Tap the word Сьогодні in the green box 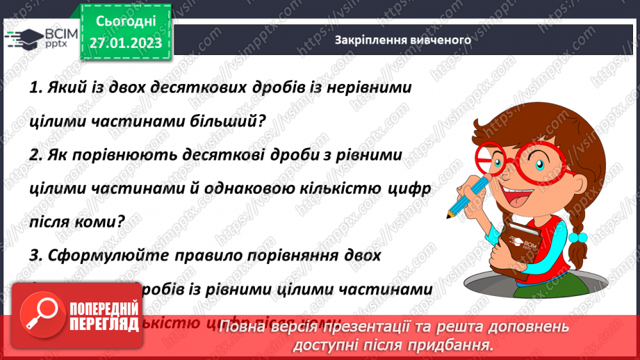pos(126,23)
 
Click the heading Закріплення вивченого pos(403,40)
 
